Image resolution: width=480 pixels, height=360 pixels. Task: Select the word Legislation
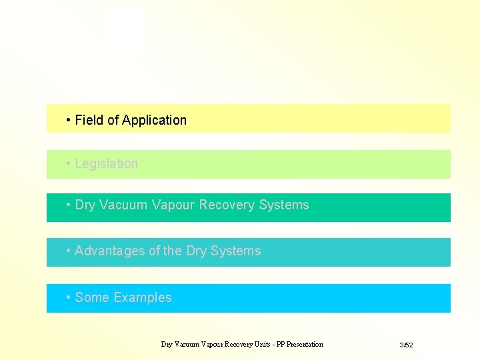click(107, 164)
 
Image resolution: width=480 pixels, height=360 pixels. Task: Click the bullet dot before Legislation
click(69, 163)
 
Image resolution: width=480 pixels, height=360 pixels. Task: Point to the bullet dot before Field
click(69, 120)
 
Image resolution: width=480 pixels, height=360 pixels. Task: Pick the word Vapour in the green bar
click(171, 205)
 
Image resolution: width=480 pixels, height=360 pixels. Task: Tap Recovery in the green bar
click(223, 205)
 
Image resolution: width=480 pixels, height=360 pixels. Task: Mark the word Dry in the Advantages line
click(196, 251)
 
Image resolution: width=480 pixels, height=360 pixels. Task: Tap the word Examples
click(143, 298)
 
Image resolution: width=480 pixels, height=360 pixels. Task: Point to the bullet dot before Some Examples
click(69, 297)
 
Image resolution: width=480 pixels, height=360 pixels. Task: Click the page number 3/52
click(406, 345)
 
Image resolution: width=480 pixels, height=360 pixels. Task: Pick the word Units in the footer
click(257, 345)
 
